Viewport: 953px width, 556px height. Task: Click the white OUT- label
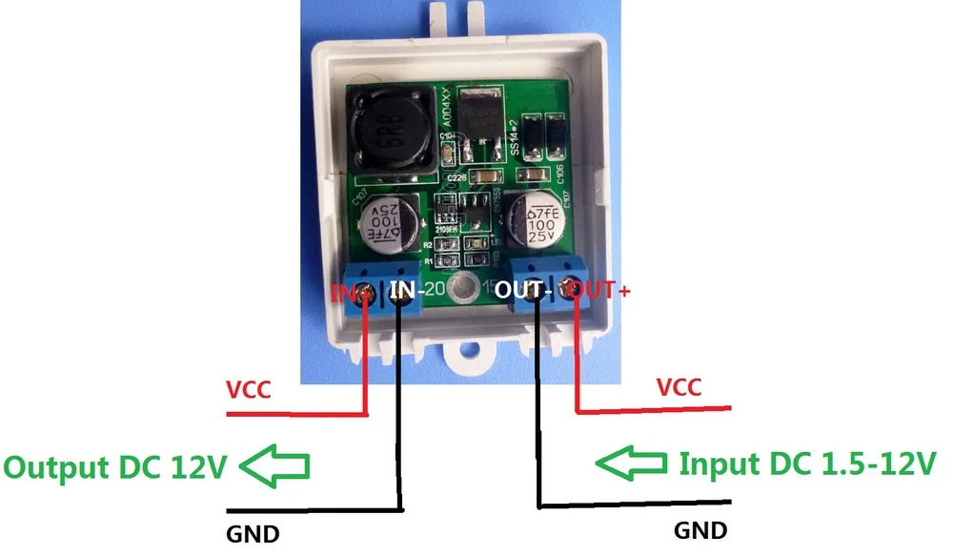pos(520,287)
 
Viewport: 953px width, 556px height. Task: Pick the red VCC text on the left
pos(249,389)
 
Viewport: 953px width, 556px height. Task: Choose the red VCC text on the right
pos(679,387)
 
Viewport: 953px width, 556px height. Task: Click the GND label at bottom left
pos(253,532)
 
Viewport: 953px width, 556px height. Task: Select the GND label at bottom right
pos(700,529)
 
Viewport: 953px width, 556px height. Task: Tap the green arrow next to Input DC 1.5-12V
pos(631,463)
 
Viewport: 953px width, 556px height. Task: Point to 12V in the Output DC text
pos(196,467)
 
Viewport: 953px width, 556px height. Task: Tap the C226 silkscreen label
pos(455,177)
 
